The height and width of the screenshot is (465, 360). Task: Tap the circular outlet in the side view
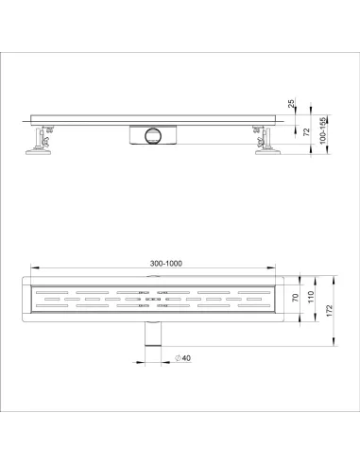150,137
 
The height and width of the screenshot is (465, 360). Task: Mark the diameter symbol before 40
179,358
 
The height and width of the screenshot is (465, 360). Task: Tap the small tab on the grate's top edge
154,279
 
